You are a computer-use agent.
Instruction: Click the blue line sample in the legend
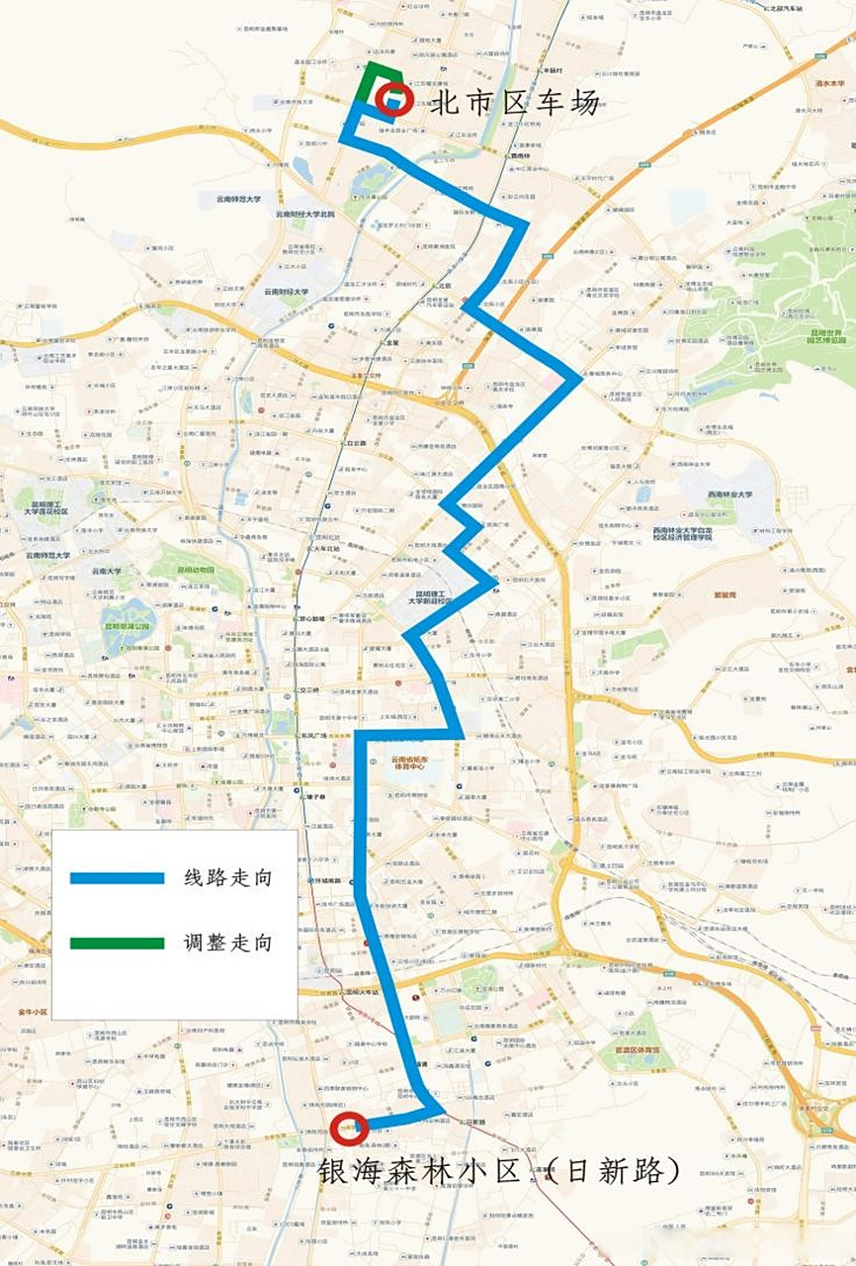pyautogui.click(x=117, y=877)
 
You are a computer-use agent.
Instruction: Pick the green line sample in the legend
pyautogui.click(x=117, y=943)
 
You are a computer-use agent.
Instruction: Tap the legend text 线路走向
pyautogui.click(x=226, y=877)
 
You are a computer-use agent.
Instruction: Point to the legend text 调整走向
pyautogui.click(x=226, y=943)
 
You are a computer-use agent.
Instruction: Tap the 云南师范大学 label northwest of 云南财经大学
pyautogui.click(x=239, y=199)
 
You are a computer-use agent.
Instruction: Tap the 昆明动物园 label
pyautogui.click(x=196, y=571)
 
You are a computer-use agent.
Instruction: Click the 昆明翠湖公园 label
pyautogui.click(x=128, y=626)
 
